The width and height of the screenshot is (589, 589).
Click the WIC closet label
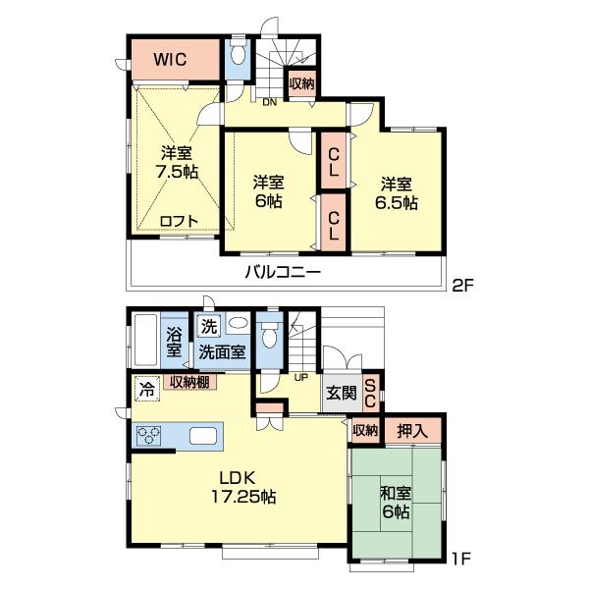point(170,59)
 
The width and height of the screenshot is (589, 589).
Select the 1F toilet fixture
point(269,335)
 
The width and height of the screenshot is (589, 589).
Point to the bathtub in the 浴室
point(145,340)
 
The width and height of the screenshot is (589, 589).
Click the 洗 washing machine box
point(209,327)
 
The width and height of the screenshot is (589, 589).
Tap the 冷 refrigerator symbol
point(146,389)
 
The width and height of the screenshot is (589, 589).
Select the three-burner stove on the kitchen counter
point(149,436)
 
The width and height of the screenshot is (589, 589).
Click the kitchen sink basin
point(203,436)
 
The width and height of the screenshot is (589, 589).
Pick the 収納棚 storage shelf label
point(189,382)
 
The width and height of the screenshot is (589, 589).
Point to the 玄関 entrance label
point(342,393)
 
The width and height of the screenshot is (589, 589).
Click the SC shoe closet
point(370,394)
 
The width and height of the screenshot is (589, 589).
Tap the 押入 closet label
point(412,431)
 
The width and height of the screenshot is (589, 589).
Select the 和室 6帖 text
point(396,503)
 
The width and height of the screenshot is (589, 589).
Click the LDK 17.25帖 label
point(243,488)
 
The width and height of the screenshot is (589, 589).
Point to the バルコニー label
point(283,271)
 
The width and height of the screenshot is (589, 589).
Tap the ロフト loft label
point(179,221)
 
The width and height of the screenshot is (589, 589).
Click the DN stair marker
point(269,102)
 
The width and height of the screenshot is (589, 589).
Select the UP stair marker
point(301,378)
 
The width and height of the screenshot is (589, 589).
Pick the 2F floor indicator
point(462,287)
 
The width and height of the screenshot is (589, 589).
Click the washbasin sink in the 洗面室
point(238,323)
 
